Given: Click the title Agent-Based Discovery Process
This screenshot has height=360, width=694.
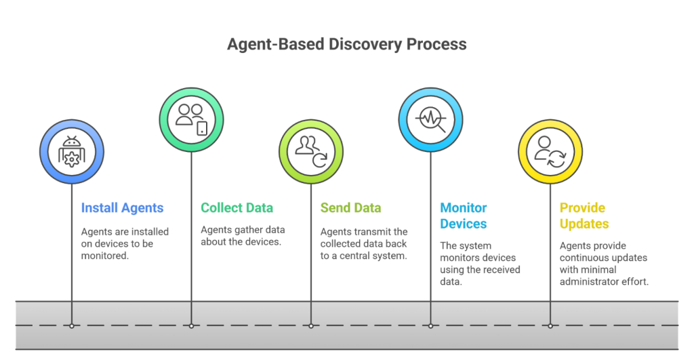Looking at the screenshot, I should click(346, 45).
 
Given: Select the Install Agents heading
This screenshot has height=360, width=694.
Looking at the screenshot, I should click(122, 208).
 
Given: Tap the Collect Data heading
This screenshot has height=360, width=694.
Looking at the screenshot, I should click(237, 208).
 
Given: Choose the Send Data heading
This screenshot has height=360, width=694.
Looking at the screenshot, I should click(350, 208).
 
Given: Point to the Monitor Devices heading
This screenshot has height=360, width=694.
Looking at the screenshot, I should click(464, 216).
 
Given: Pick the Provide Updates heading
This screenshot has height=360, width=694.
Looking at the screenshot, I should click(584, 216).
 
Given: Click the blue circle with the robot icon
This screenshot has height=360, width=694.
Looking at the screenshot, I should click(72, 153).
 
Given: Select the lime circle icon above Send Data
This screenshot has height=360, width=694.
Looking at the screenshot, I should click(311, 151).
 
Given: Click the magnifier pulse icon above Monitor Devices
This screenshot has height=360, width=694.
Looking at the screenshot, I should click(431, 118).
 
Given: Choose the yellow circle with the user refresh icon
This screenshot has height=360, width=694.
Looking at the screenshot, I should click(550, 151).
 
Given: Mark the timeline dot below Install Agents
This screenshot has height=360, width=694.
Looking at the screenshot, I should click(72, 326).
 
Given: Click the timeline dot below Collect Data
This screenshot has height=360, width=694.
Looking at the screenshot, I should click(192, 326).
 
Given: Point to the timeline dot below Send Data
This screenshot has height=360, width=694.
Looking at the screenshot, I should click(311, 326).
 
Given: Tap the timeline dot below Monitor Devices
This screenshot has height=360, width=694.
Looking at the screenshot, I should click(431, 326).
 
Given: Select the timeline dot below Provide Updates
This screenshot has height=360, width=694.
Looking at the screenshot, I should click(550, 326).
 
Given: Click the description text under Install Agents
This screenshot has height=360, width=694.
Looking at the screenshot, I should click(125, 243).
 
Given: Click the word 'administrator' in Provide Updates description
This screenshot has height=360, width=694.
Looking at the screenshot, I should click(586, 281).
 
